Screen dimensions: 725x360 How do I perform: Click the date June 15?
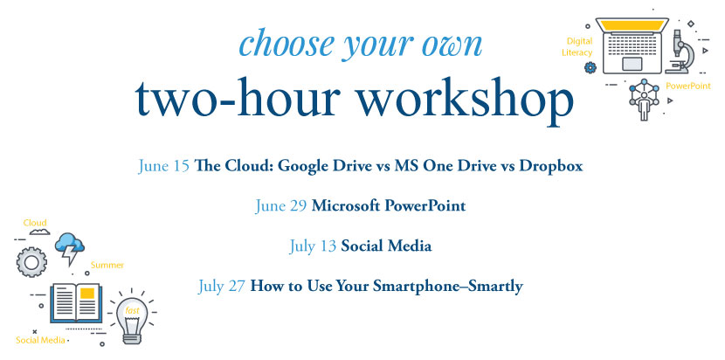(x=163, y=166)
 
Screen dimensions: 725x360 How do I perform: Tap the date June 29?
(x=281, y=206)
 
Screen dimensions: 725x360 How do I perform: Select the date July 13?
(x=313, y=246)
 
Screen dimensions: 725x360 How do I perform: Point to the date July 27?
(x=222, y=287)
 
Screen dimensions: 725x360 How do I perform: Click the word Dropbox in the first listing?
(x=550, y=166)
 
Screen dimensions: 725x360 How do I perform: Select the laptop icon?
(x=632, y=45)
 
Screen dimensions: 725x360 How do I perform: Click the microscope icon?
(x=680, y=52)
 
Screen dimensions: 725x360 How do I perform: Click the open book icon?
(x=76, y=302)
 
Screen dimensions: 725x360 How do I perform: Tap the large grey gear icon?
(x=31, y=262)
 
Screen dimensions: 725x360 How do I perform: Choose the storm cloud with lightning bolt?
(x=70, y=248)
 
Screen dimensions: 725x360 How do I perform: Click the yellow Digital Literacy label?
(x=577, y=47)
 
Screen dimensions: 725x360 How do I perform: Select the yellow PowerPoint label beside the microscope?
(x=688, y=86)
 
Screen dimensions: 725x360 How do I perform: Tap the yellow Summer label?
(x=107, y=265)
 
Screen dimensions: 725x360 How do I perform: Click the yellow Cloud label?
(x=35, y=223)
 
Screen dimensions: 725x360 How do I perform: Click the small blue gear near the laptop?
(x=590, y=67)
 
